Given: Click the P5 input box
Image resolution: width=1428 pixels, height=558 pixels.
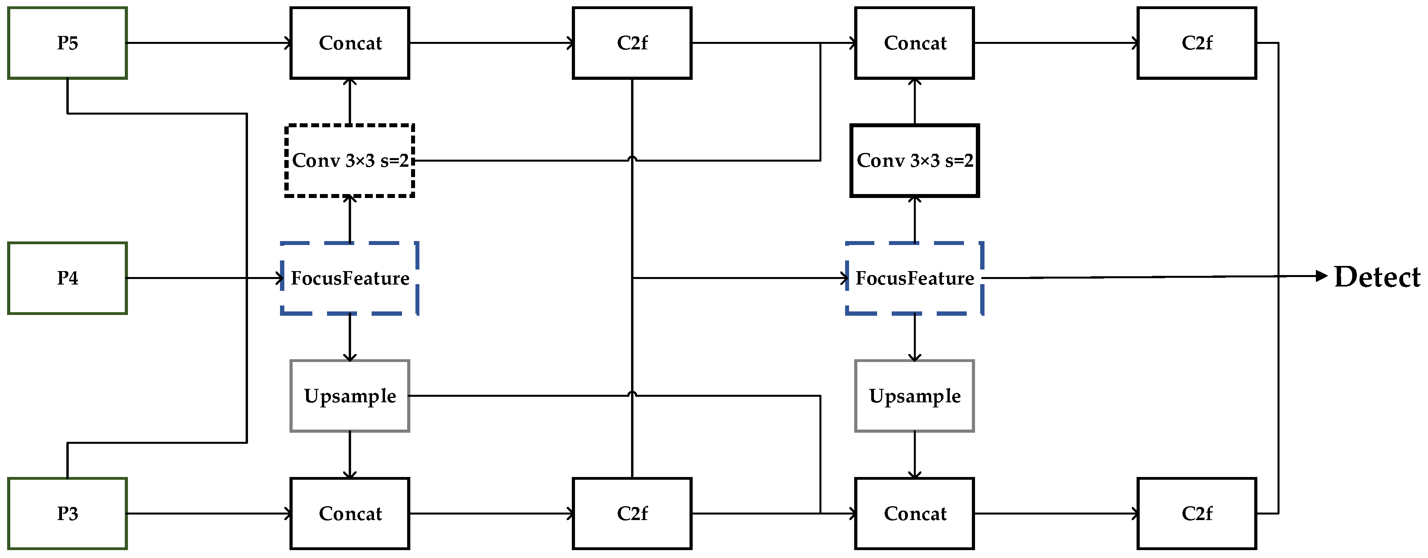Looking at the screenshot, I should pos(67,43).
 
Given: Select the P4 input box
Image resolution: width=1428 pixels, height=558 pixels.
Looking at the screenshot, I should pos(67,278).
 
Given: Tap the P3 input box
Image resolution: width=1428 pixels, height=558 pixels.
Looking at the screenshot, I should pos(67,513).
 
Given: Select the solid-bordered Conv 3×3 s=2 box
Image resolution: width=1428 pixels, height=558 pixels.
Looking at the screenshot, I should pos(914,160).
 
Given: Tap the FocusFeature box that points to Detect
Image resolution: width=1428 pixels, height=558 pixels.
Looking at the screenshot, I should pos(914,278).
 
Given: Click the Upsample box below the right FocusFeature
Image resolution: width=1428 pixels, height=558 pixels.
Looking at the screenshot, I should pos(914,396).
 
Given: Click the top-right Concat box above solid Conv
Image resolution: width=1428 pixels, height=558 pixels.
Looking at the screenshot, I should pos(914,43).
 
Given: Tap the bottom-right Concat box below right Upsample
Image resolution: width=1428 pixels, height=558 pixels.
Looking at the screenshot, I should pos(914,513).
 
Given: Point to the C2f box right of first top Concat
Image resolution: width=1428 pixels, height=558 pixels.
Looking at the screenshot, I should pos(631,43).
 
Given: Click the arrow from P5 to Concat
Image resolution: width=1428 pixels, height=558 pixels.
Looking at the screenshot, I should pos(208,43).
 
